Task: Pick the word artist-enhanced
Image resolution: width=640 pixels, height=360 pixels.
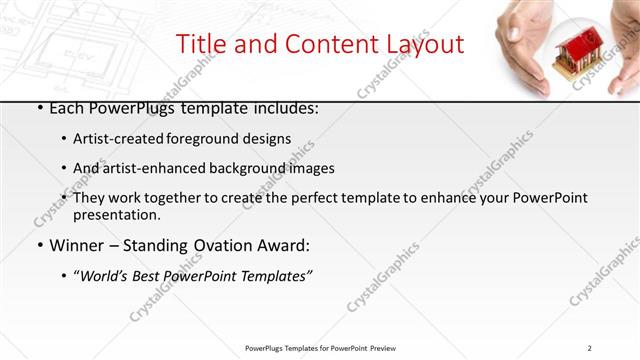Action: pos(153,168)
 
